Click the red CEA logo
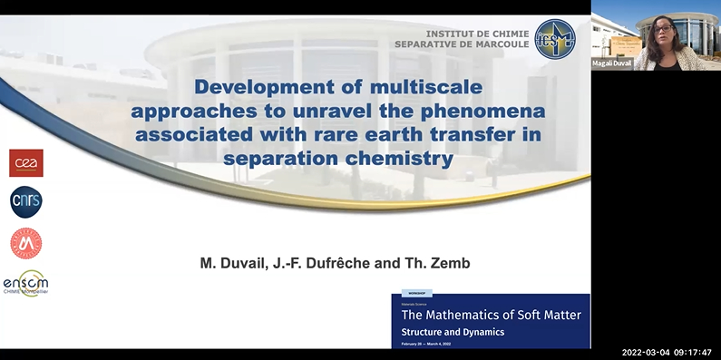pos(26,162)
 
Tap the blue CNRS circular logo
pos(26,202)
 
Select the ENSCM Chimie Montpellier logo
pos(25,283)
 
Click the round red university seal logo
pos(26,243)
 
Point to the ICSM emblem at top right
pos(554,39)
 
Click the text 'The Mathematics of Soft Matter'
pos(492,316)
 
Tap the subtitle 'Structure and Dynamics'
pos(453,332)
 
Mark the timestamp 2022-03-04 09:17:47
pos(667,352)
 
